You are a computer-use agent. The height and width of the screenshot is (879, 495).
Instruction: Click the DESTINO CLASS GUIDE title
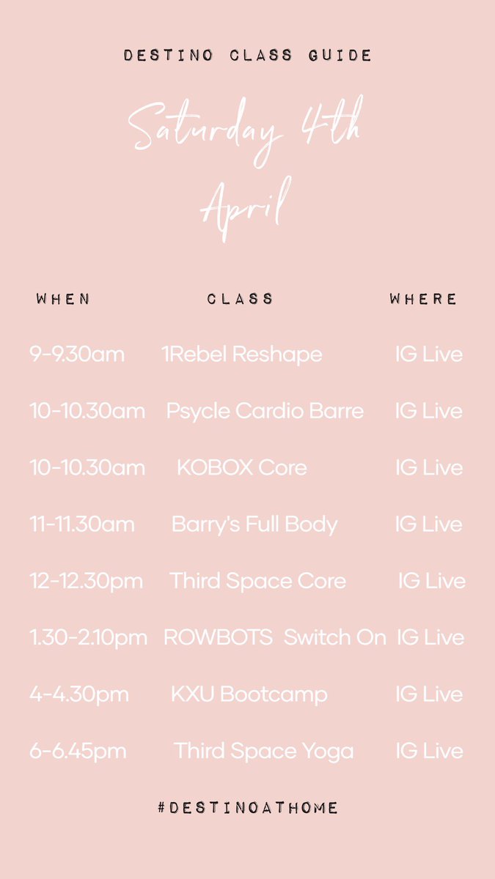[247, 56]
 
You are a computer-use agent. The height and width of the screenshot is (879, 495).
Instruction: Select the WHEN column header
[63, 299]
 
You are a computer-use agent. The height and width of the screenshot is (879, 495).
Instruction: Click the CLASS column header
[240, 299]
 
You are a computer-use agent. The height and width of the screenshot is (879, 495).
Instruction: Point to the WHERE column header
[423, 299]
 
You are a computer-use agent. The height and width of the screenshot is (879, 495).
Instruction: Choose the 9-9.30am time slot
[77, 355]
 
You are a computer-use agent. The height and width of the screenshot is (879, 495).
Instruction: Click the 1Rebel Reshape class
[241, 355]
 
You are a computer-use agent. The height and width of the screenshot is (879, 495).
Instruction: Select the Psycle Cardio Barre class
[265, 411]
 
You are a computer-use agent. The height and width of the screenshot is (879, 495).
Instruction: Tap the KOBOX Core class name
[241, 467]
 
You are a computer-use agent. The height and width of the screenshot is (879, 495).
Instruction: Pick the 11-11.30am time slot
[82, 524]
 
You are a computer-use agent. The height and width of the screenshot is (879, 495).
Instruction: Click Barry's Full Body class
[254, 524]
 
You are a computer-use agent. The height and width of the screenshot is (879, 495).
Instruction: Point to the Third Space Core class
[257, 581]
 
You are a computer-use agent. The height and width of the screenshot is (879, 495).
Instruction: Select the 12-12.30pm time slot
[87, 581]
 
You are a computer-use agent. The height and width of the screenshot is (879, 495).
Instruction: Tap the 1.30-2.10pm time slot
[89, 637]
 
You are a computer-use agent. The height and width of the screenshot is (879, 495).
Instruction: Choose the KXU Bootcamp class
[249, 694]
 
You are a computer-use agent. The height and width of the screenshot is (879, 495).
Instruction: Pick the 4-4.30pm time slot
[79, 694]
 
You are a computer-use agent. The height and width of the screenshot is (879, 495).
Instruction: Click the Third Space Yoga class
[263, 751]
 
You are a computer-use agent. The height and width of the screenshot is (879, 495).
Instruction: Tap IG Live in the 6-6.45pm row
[429, 751]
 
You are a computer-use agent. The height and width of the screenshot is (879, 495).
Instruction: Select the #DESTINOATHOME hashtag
[247, 807]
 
